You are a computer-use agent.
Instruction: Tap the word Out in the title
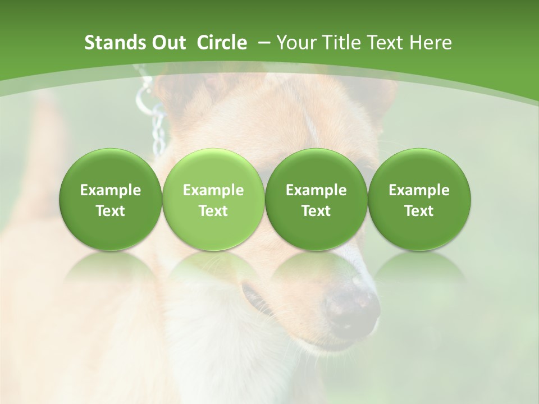[x=167, y=43]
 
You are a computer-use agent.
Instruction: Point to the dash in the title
[x=262, y=43]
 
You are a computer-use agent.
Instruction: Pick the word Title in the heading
[x=338, y=43]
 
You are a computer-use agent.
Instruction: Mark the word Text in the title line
[x=383, y=43]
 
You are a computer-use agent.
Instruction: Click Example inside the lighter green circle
[x=213, y=190]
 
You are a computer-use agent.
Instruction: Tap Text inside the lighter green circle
[x=213, y=211]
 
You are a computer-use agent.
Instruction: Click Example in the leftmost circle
[x=111, y=190]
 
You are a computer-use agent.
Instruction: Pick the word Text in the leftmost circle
[x=111, y=211]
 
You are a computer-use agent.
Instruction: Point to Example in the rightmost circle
[x=419, y=190]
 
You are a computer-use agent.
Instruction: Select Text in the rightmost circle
[x=419, y=211]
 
